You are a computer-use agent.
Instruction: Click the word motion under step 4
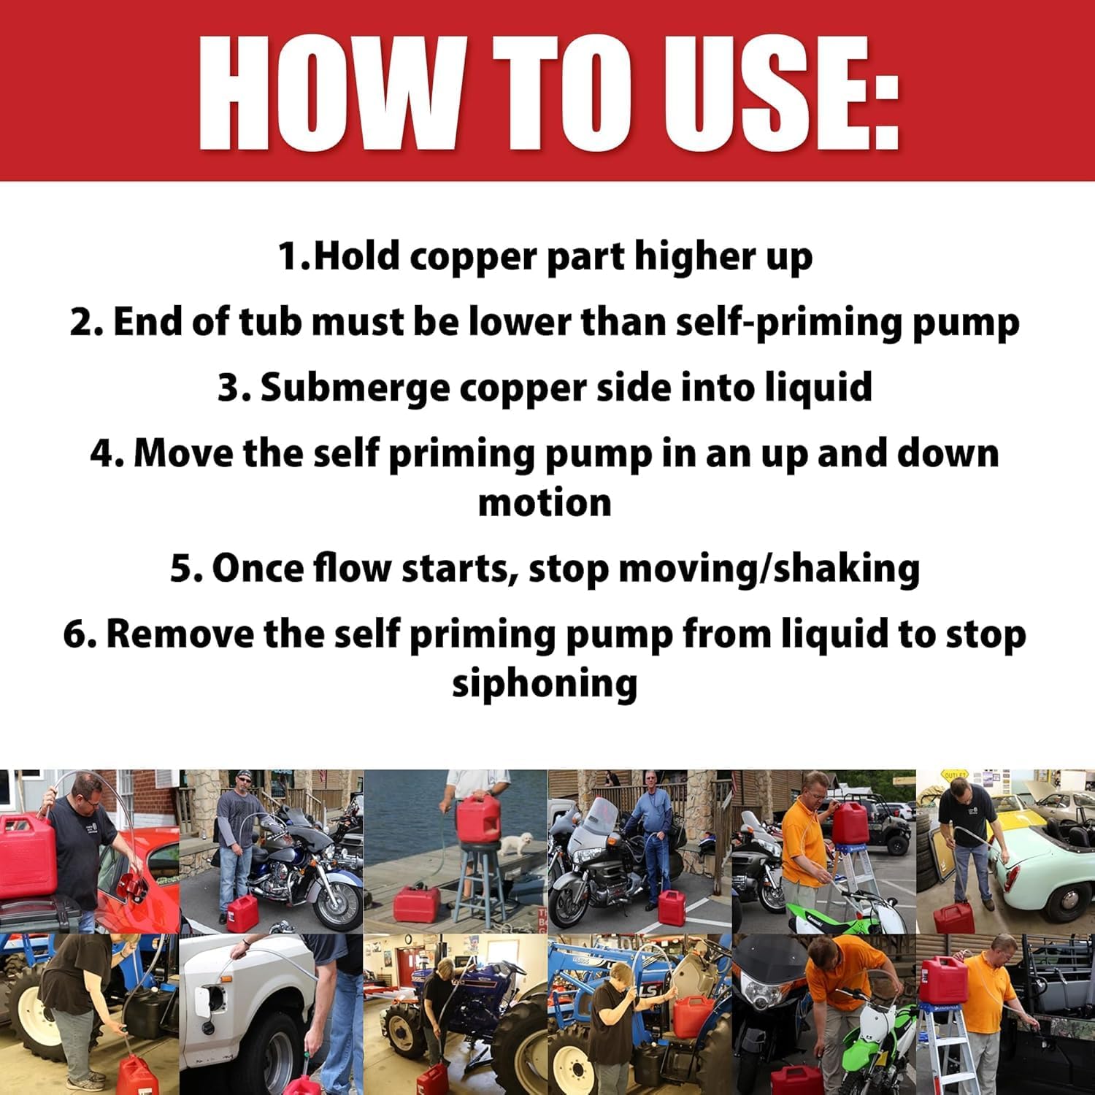pos(545,503)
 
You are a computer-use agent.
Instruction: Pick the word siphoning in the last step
pos(545,684)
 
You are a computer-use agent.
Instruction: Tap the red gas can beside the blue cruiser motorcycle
pos(242,912)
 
